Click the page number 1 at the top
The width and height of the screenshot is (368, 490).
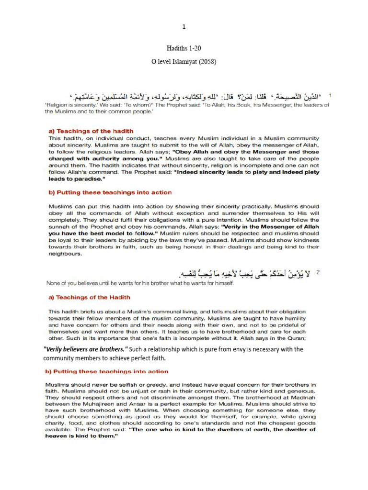(x=184, y=27)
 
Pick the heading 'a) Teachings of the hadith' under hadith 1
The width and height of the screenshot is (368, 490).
(x=91, y=131)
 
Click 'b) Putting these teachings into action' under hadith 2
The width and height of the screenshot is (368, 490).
(x=107, y=371)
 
